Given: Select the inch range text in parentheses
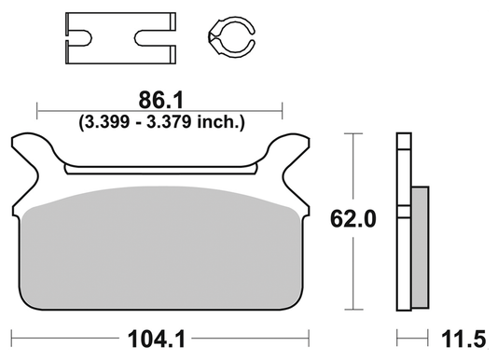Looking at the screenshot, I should pos(159,121).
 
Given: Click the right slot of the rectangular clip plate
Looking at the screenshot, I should pos(153,38).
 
